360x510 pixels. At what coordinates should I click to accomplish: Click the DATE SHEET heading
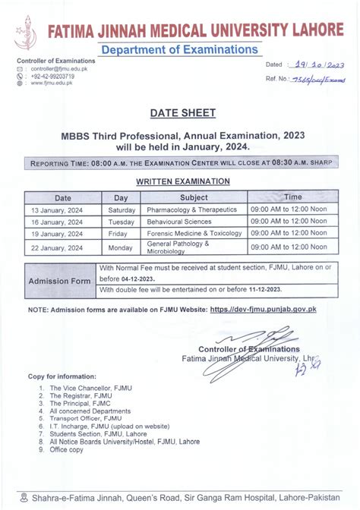coord(182,113)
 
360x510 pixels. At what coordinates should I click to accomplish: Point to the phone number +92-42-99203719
coord(52,76)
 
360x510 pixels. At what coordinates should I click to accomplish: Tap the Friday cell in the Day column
coord(122,234)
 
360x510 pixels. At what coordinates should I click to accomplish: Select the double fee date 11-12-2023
coord(264,290)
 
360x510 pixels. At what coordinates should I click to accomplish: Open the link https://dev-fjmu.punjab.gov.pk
coord(263,310)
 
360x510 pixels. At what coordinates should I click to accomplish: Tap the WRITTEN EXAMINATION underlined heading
coord(182,181)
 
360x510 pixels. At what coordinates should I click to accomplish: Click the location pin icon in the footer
coord(25,498)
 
